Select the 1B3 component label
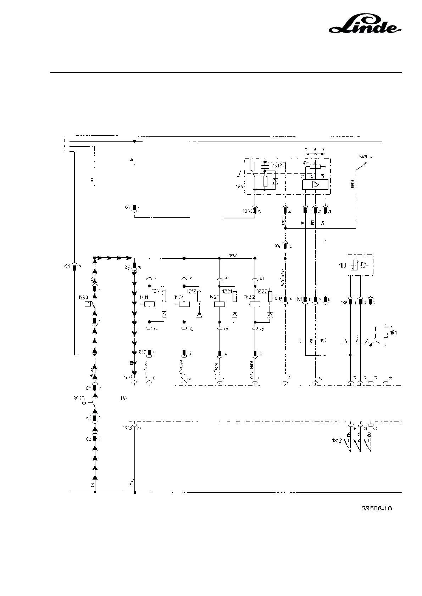[342, 265]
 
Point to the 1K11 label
[143, 297]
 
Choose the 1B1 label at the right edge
[393, 332]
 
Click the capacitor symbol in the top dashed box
[265, 165]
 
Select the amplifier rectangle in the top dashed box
[315, 184]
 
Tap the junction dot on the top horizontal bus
[134, 141]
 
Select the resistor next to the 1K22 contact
[271, 297]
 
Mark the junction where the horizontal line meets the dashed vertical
[285, 228]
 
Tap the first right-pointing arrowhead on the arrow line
[101, 258]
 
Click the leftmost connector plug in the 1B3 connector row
[350, 302]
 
